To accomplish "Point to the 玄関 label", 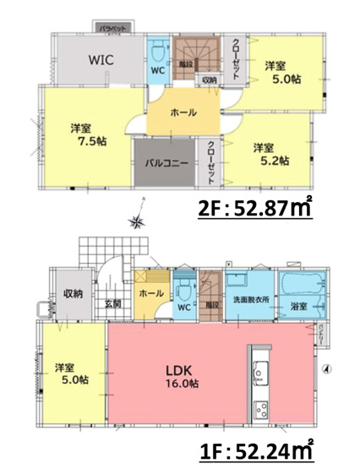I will [x=113, y=303].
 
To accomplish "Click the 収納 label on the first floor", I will [x=72, y=293].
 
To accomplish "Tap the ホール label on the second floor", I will [x=183, y=112].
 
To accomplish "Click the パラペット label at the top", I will [x=113, y=29].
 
